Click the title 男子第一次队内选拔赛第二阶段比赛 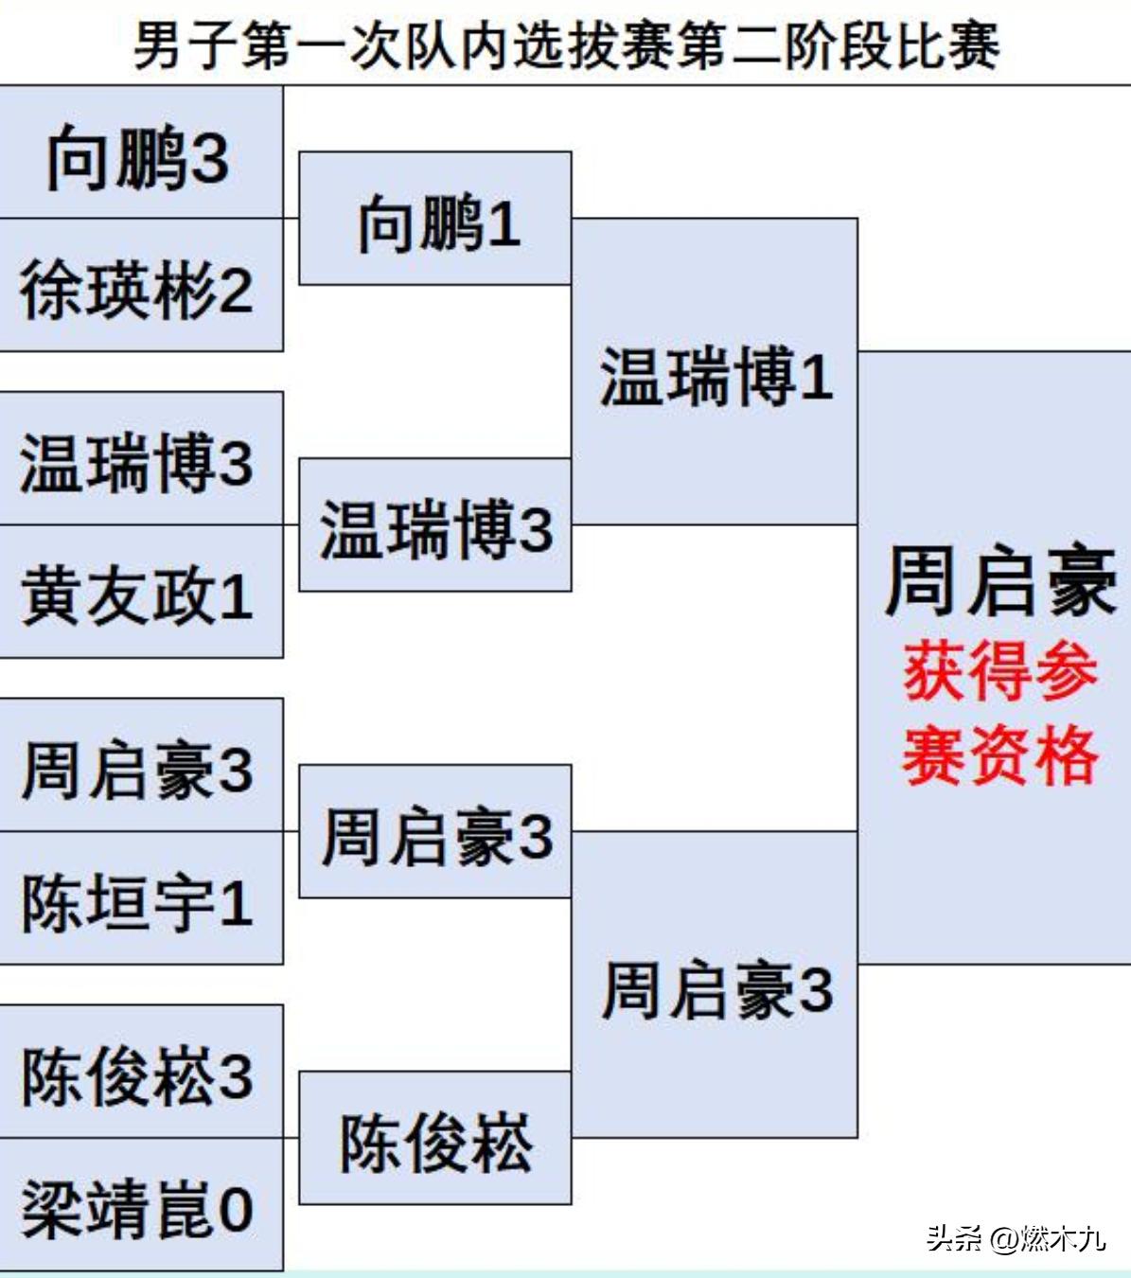click(566, 45)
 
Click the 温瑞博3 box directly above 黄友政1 click(140, 461)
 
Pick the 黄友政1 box click(140, 594)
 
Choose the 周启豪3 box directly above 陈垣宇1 click(140, 768)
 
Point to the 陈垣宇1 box click(140, 900)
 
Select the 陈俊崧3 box click(140, 1074)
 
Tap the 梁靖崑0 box click(140, 1207)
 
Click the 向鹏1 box click(435, 221)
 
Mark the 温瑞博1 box click(716, 374)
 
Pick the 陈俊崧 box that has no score click(435, 1140)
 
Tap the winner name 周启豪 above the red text click(999, 580)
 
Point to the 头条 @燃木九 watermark click(1016, 1237)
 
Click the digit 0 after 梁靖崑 click(236, 1209)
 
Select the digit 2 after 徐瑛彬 click(236, 290)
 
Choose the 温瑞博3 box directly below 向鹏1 click(435, 527)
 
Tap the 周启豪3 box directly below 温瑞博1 click(716, 987)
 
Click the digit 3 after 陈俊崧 click(236, 1076)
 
